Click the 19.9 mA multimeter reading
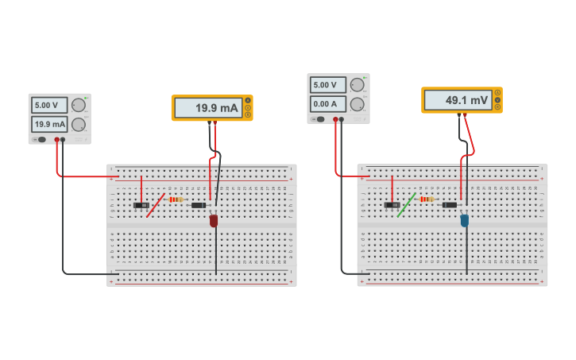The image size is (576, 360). [x=207, y=108]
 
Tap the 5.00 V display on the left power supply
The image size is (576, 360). [x=48, y=105]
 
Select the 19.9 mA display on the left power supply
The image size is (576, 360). [x=48, y=124]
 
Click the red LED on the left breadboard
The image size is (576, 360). [x=214, y=221]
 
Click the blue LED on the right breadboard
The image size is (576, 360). [x=465, y=220]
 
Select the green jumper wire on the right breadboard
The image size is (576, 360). [x=406, y=204]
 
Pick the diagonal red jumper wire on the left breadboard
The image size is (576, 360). [x=156, y=205]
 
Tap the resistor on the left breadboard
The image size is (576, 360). [x=176, y=199]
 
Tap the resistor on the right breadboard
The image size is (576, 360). [x=427, y=199]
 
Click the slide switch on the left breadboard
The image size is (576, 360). [x=141, y=205]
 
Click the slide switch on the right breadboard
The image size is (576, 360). [x=392, y=205]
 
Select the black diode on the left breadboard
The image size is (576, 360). [x=199, y=205]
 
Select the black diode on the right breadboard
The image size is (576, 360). [x=450, y=205]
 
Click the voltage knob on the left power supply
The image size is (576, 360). [x=78, y=105]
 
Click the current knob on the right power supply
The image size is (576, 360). [x=358, y=103]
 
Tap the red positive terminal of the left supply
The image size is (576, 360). [x=57, y=140]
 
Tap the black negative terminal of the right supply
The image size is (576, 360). [x=342, y=120]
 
